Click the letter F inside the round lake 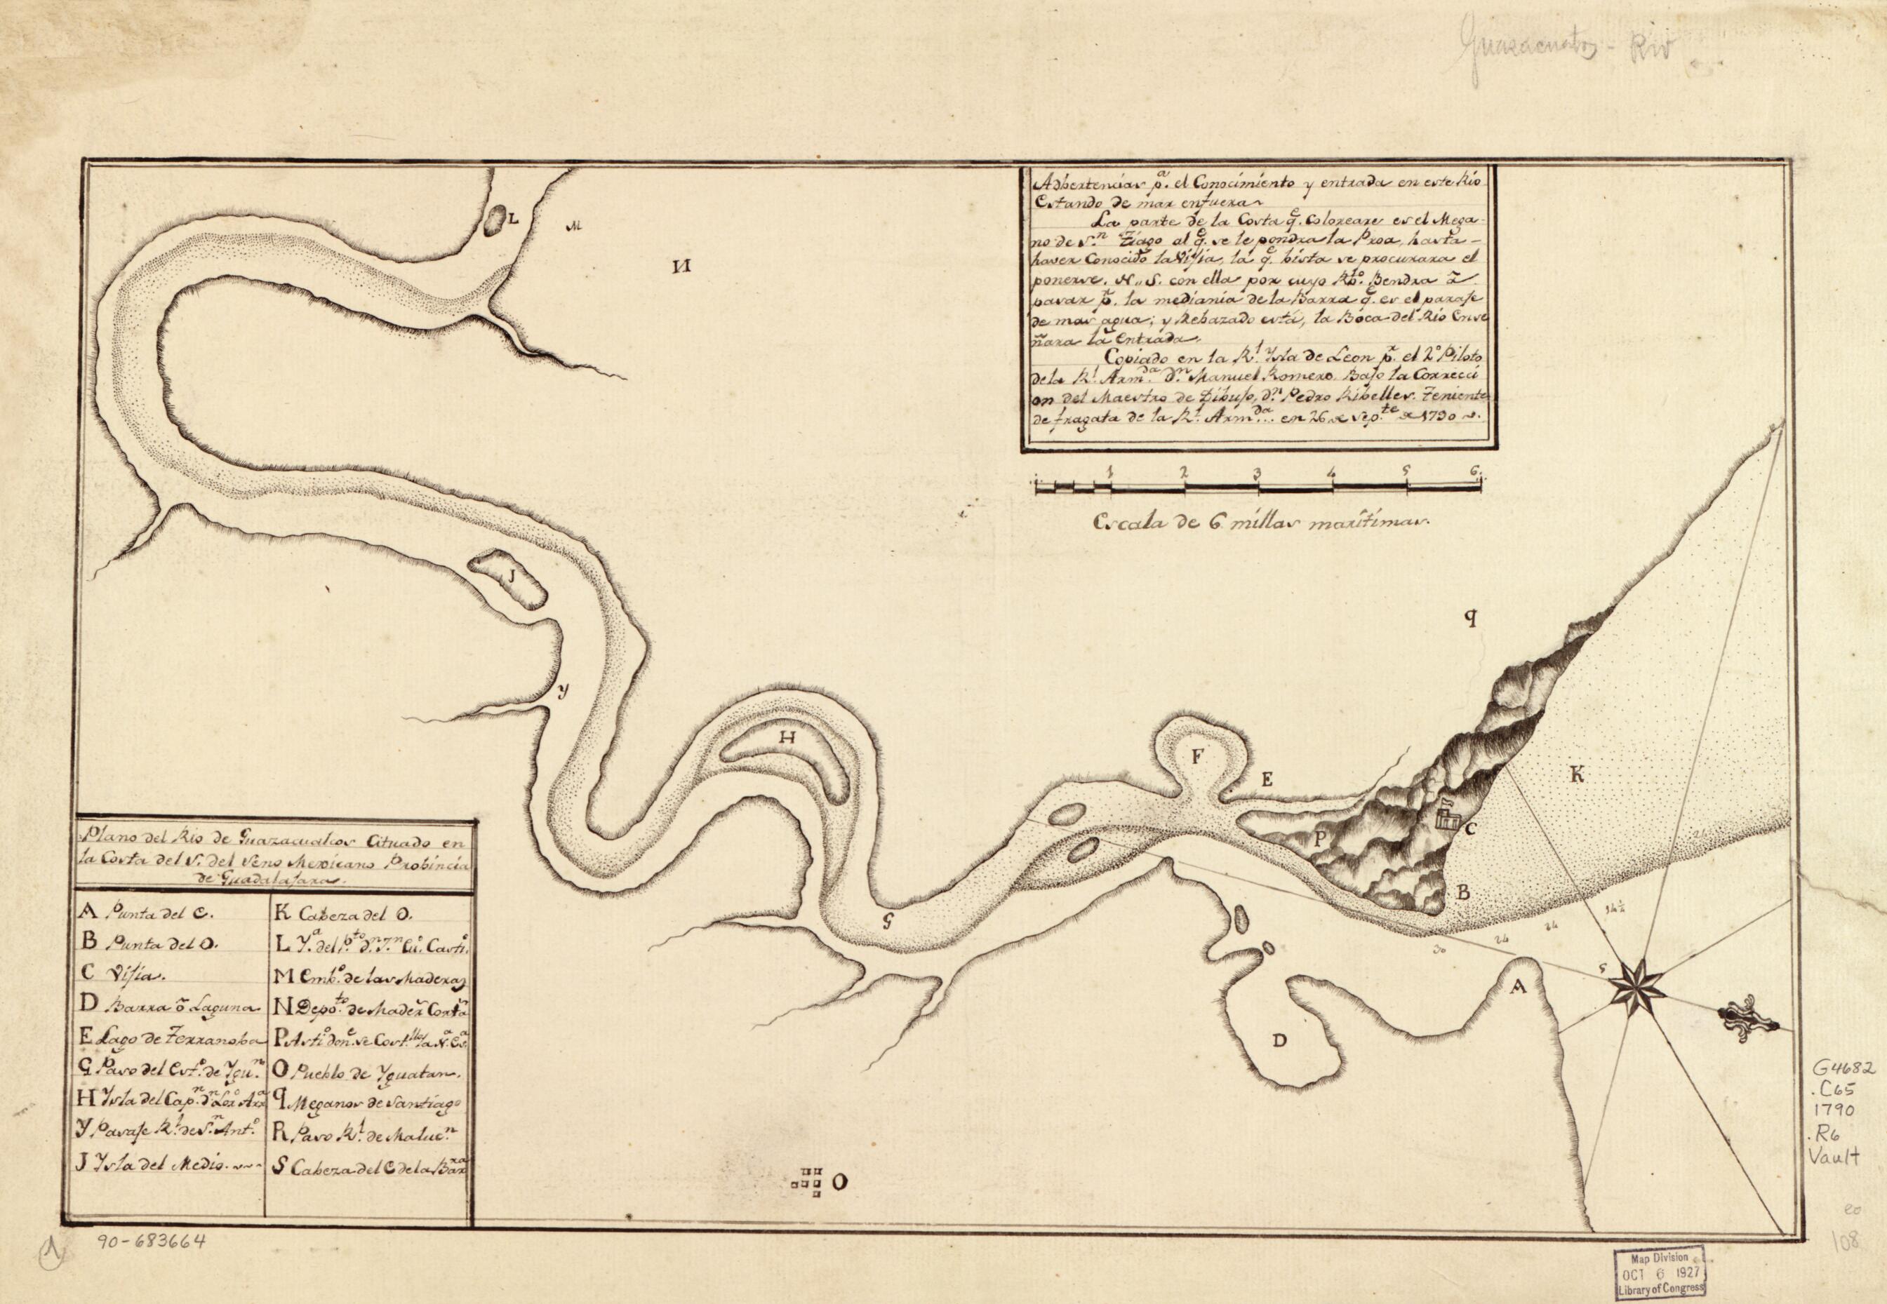pyautogui.click(x=1196, y=755)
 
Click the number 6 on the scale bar pyautogui.click(x=1476, y=471)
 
